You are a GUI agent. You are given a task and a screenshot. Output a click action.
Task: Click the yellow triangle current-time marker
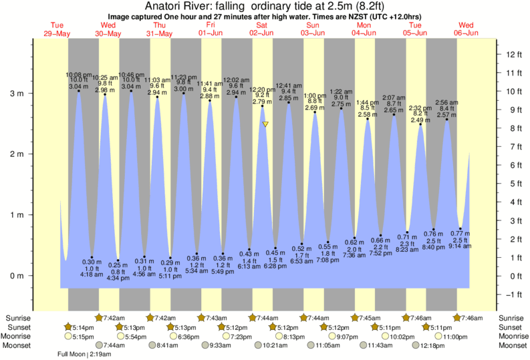tap(265, 124)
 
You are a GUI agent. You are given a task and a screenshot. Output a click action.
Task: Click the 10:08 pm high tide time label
tap(78, 74)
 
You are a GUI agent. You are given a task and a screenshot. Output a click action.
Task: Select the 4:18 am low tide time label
tap(91, 274)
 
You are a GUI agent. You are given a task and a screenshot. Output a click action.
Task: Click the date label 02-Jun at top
tap(261, 33)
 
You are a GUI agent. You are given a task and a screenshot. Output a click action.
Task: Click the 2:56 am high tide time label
tap(446, 102)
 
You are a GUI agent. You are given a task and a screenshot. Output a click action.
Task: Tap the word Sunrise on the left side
tap(17, 318)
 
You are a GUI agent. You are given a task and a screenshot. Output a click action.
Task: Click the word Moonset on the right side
tap(513, 346)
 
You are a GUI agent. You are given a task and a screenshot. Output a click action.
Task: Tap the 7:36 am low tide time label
tap(355, 254)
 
